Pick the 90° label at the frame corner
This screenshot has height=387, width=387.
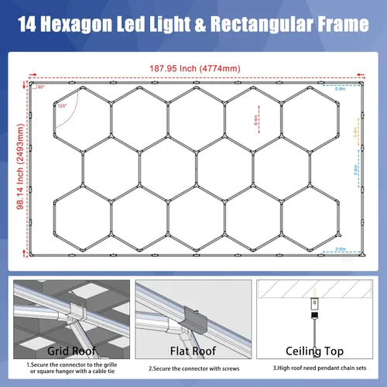(x=41, y=87)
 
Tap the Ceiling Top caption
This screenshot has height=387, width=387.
(x=314, y=351)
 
